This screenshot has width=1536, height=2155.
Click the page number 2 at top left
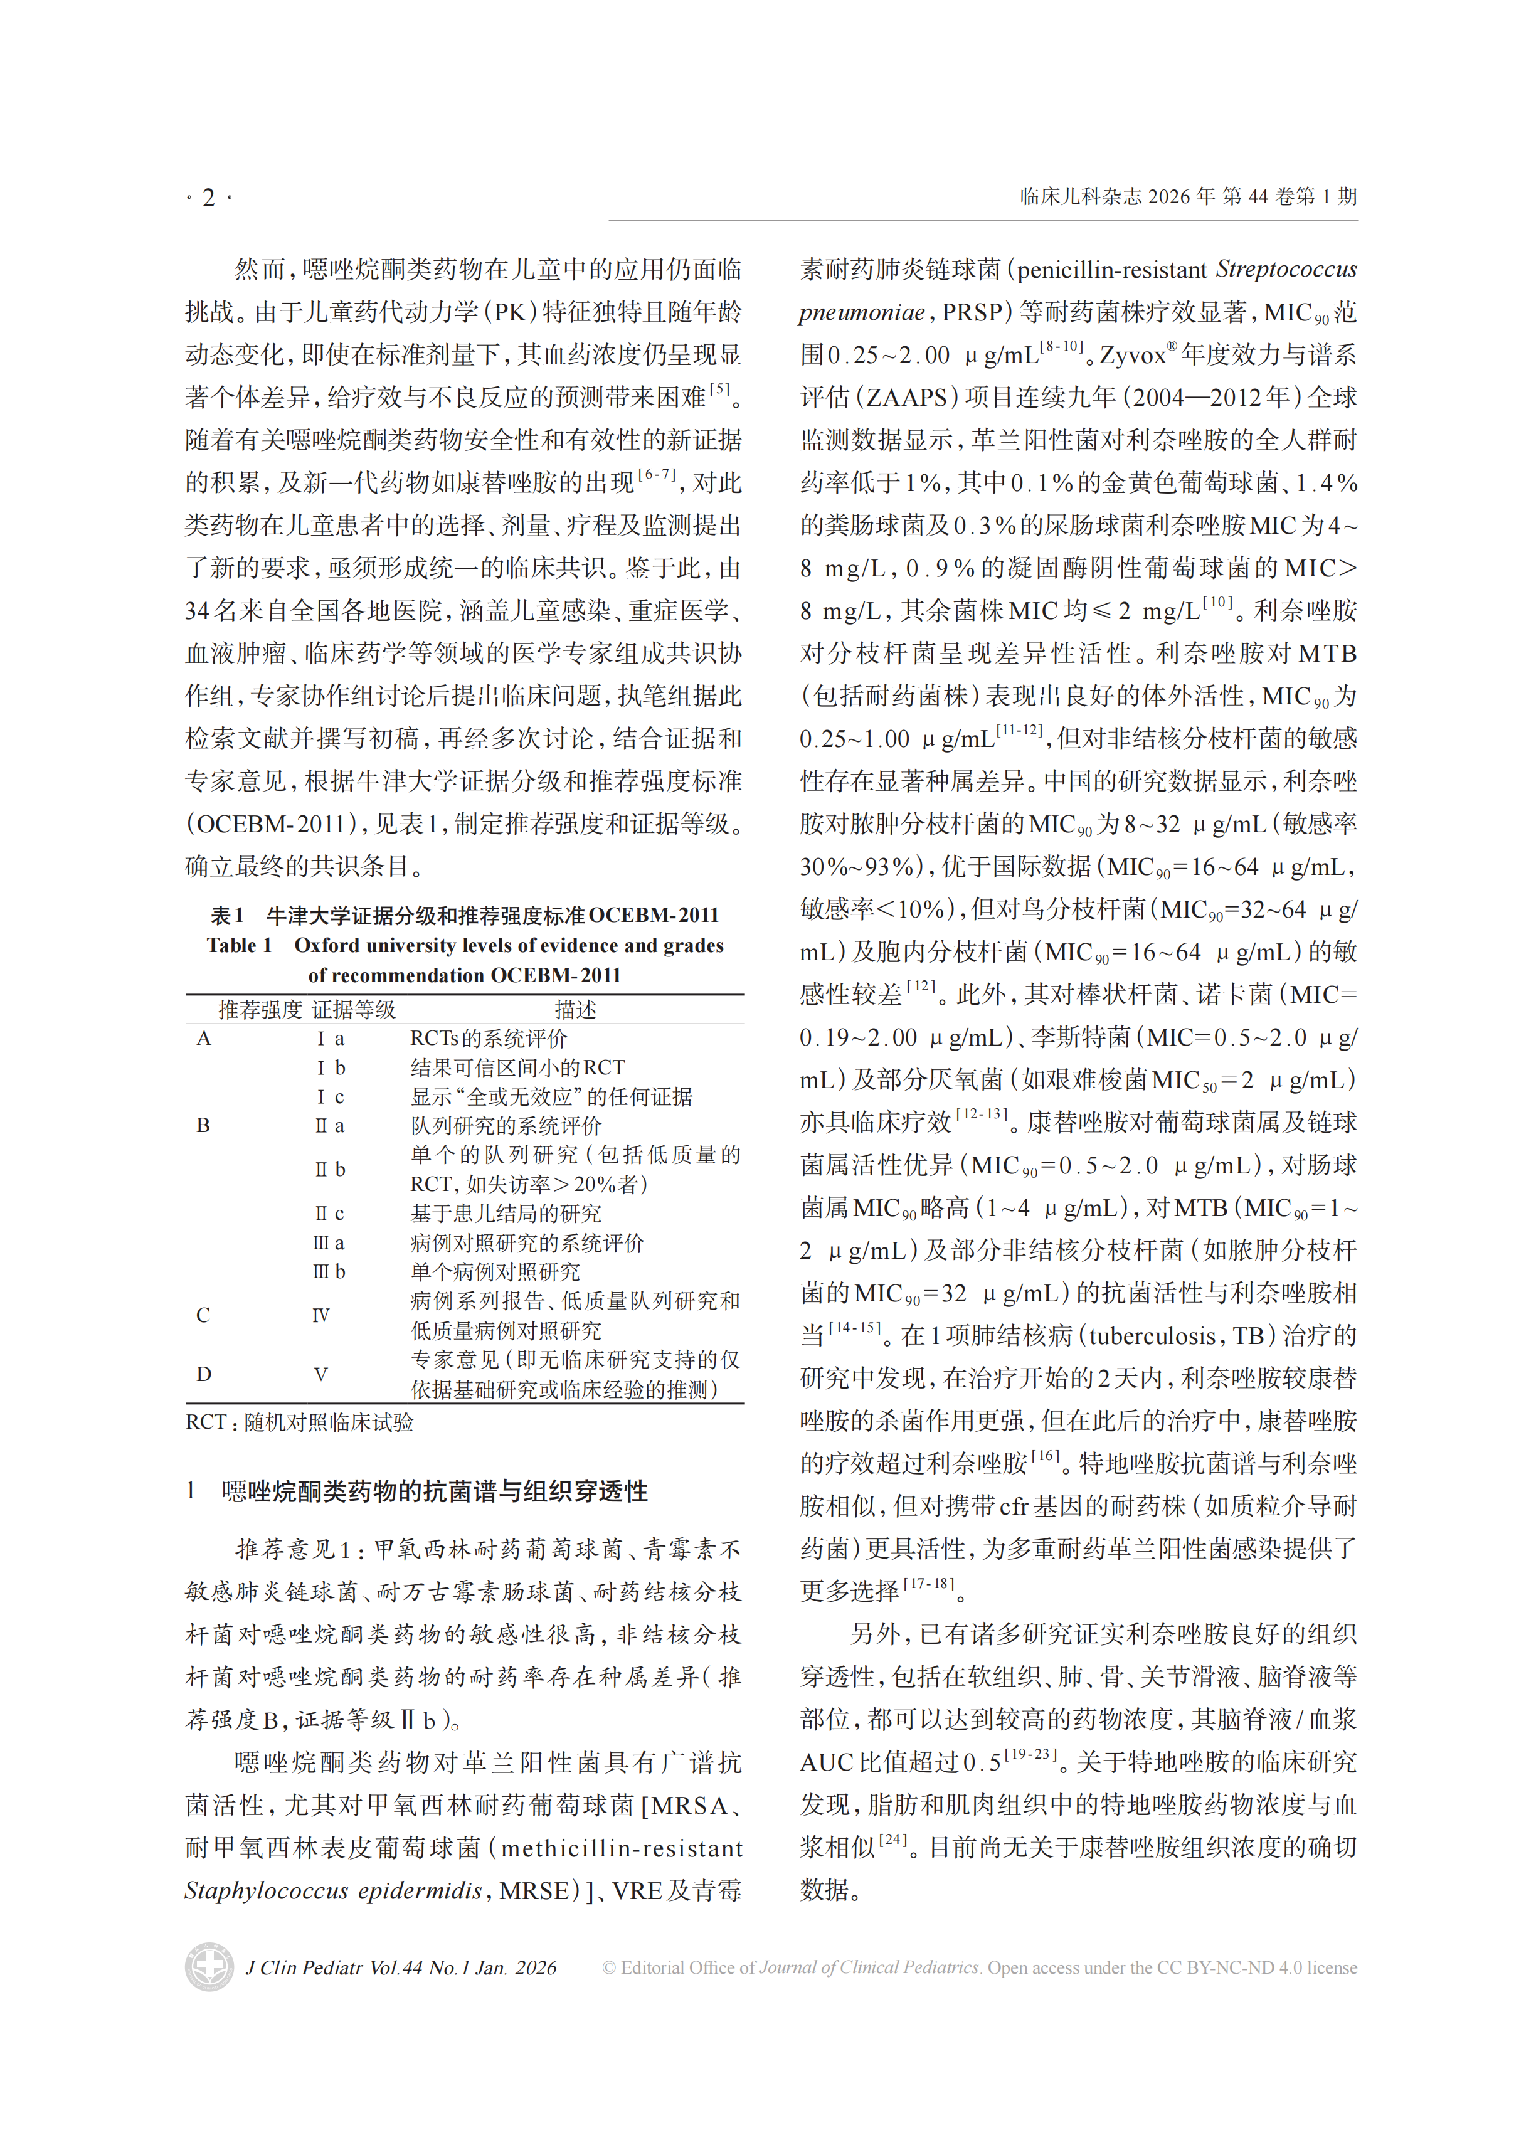point(208,198)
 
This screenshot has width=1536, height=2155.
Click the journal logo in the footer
point(209,1967)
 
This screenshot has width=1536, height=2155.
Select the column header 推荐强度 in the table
point(260,1010)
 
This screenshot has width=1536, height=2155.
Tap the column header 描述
point(575,1010)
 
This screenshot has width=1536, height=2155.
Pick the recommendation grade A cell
point(203,1038)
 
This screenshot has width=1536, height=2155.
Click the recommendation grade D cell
point(203,1374)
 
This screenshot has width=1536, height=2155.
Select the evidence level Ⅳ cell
point(322,1315)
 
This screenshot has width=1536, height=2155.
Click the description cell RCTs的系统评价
point(488,1038)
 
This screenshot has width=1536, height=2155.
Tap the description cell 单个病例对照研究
point(495,1272)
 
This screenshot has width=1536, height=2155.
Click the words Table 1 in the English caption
point(240,946)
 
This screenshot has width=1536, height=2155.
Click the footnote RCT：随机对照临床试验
point(299,1422)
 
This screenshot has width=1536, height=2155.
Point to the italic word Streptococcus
point(1286,270)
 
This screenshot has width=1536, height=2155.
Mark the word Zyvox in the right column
point(1132,356)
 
